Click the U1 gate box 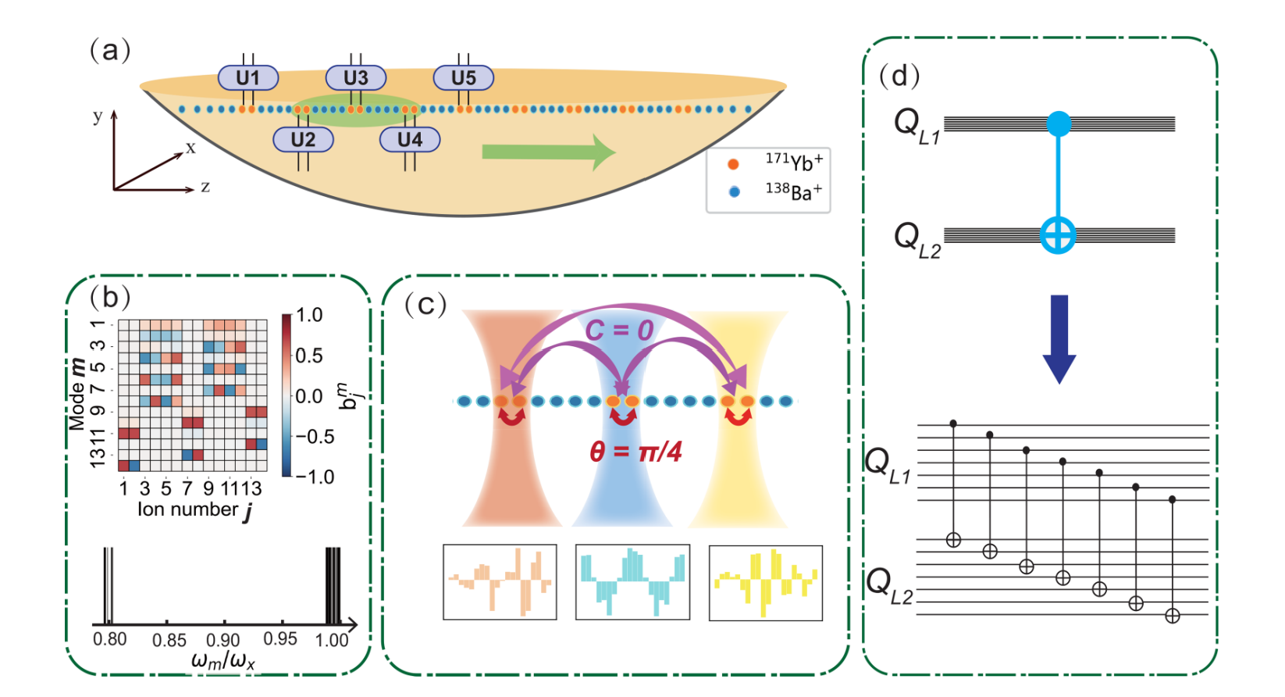click(247, 78)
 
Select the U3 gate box click(356, 78)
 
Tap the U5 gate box click(463, 78)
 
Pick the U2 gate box click(303, 140)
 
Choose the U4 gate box click(410, 140)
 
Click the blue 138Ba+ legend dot click(733, 191)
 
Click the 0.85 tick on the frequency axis click(169, 641)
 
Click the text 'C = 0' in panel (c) click(619, 331)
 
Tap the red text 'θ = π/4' click(635, 452)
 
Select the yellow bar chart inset click(765, 583)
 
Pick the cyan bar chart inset click(632, 583)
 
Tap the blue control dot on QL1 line click(1059, 123)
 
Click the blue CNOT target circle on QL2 click(1059, 235)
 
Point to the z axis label click(205, 187)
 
